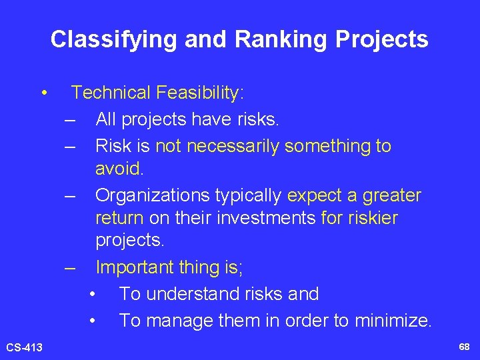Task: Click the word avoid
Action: point(119,169)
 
